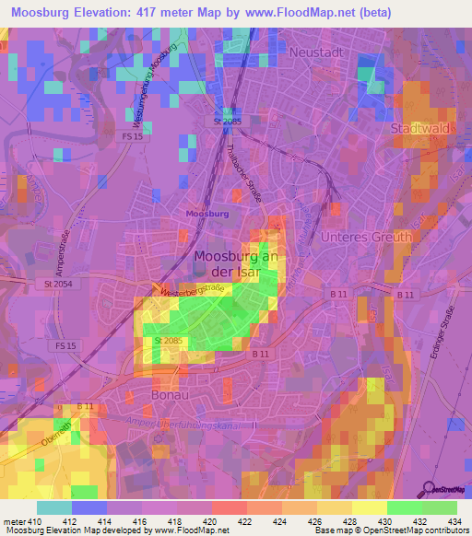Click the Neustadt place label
pyautogui.click(x=316, y=52)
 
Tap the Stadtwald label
pyautogui.click(x=420, y=128)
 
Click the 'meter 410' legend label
pyautogui.click(x=22, y=522)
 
